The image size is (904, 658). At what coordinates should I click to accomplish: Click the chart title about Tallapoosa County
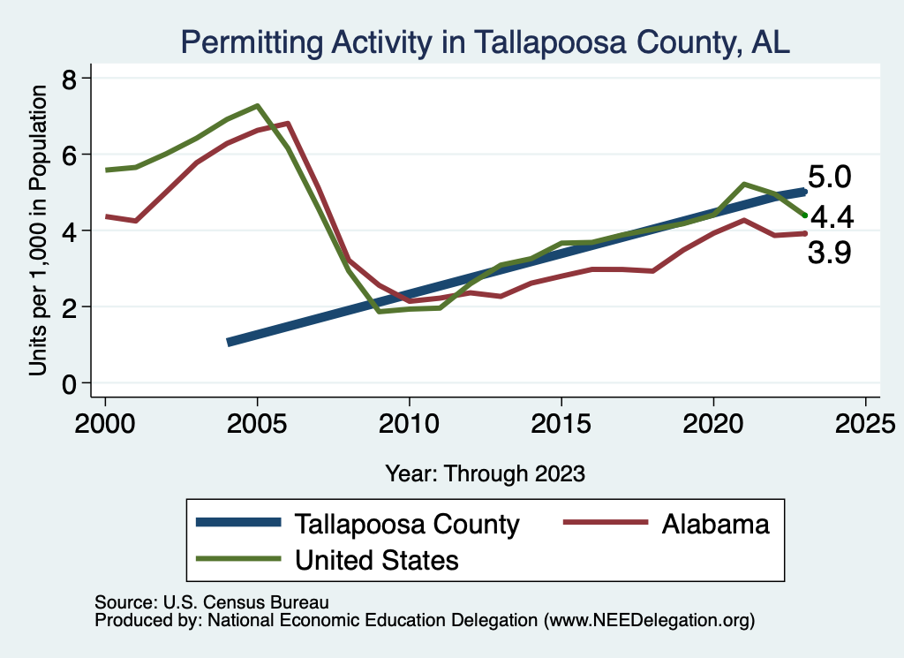pyautogui.click(x=485, y=42)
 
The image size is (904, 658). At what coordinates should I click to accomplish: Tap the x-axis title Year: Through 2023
pyautogui.click(x=485, y=473)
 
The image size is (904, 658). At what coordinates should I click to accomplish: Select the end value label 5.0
pyautogui.click(x=830, y=177)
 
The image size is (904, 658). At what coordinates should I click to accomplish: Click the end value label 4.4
pyautogui.click(x=832, y=216)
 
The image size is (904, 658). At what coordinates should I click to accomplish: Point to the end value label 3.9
pyautogui.click(x=830, y=254)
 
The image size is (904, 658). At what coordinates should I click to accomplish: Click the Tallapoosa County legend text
pyautogui.click(x=407, y=524)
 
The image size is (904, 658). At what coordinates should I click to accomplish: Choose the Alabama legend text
pyautogui.click(x=715, y=524)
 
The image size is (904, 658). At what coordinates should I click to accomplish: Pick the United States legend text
pyautogui.click(x=377, y=559)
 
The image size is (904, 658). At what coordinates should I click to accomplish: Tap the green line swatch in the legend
pyautogui.click(x=238, y=559)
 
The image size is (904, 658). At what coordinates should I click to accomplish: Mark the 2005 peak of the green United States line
pyautogui.click(x=257, y=106)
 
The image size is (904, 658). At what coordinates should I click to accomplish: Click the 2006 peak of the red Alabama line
pyautogui.click(x=288, y=124)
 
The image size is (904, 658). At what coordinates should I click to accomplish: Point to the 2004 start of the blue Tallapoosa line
pyautogui.click(x=230, y=342)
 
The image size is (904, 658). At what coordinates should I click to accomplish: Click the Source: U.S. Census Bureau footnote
pyautogui.click(x=212, y=602)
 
